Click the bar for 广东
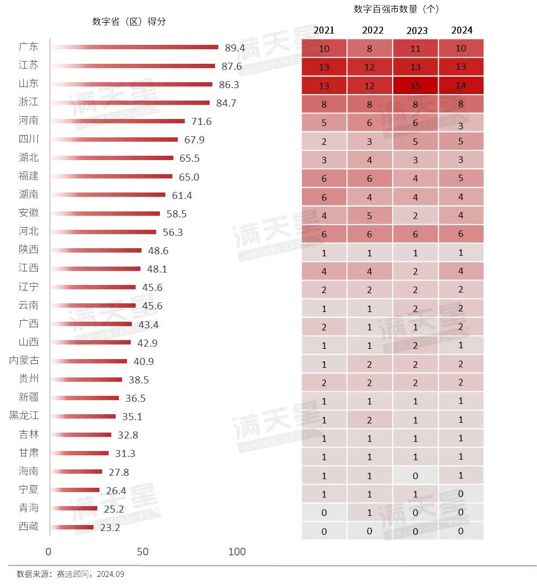click(x=135, y=48)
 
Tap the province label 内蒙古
click(x=24, y=361)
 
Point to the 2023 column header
click(x=415, y=30)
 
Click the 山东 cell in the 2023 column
click(x=415, y=85)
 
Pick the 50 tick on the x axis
click(x=142, y=552)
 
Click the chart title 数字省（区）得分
click(x=129, y=22)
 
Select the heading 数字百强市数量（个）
click(x=397, y=9)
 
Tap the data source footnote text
click(x=70, y=574)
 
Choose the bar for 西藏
click(x=72, y=527)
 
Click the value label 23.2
click(x=110, y=527)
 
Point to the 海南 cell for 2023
click(x=415, y=475)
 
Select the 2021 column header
click(x=324, y=30)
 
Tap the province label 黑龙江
click(x=24, y=416)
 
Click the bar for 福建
click(x=112, y=176)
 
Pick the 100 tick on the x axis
click(x=237, y=552)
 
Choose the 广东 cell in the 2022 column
click(x=370, y=49)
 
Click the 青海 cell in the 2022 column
click(x=370, y=512)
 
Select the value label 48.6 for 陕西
click(x=158, y=250)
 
